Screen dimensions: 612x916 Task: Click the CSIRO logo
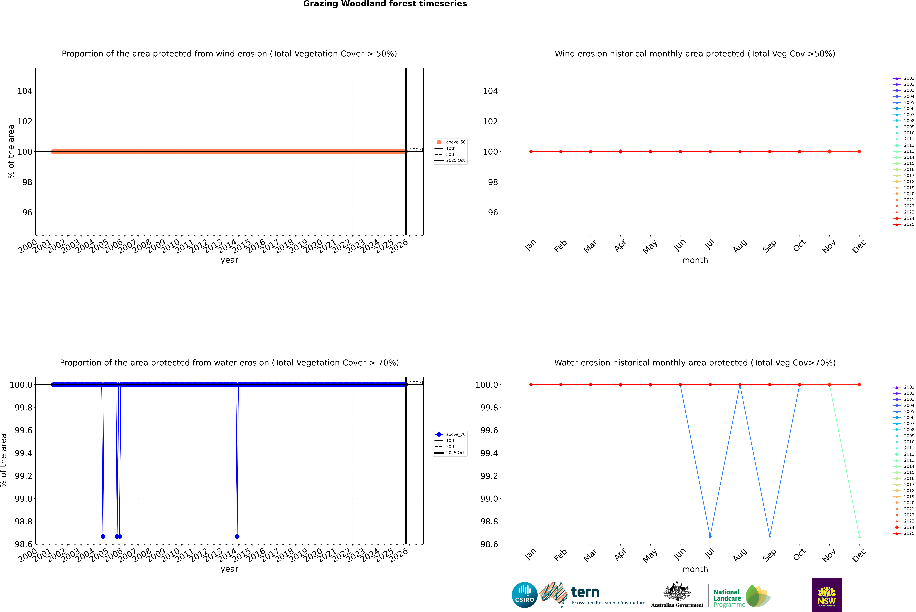524,595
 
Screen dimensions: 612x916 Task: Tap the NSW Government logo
827,595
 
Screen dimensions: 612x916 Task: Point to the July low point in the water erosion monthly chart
710,536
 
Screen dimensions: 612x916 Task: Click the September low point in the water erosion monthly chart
770,536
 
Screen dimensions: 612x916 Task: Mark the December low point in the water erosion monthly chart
859,536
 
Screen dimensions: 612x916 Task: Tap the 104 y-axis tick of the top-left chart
25,91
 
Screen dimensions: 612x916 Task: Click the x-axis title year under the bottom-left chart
229,569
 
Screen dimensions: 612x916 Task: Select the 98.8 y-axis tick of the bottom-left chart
23,521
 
